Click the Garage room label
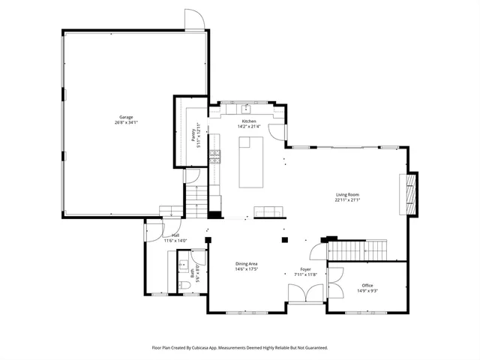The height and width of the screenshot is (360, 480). (x=127, y=117)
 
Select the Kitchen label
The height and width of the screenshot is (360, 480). (x=248, y=121)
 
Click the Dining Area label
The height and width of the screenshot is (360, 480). (x=247, y=263)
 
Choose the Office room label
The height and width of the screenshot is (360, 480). (x=367, y=285)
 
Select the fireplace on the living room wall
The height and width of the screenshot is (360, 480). (x=409, y=193)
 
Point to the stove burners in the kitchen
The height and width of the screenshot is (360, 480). (x=214, y=156)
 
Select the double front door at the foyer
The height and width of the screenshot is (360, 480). (x=304, y=295)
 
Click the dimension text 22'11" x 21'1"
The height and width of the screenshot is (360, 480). (x=347, y=200)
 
